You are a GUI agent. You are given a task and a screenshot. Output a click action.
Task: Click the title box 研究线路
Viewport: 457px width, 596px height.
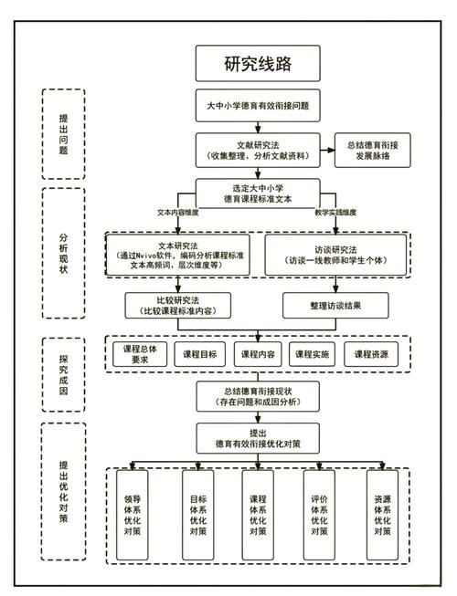tap(259, 63)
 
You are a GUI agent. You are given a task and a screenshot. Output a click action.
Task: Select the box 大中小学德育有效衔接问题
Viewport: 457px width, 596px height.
tap(259, 106)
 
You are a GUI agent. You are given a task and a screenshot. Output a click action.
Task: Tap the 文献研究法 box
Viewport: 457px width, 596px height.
tap(259, 150)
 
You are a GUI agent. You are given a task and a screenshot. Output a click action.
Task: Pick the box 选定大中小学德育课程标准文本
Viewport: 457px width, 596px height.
tap(259, 193)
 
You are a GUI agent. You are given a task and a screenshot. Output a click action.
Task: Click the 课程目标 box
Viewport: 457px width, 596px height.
tap(200, 354)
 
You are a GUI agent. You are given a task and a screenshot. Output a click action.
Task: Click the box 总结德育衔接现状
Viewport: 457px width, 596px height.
tap(259, 395)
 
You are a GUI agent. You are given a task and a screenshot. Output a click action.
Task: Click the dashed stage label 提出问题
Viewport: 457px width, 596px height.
tap(63, 134)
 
